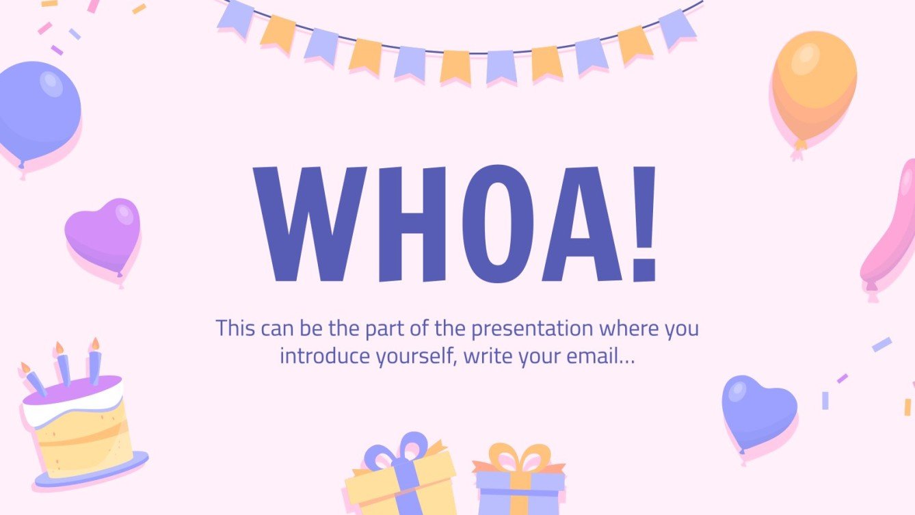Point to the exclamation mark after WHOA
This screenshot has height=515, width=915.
click(644, 224)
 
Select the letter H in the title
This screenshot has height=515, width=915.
click(408, 224)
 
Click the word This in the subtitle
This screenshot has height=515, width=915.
click(236, 328)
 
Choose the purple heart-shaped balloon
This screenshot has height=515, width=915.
click(103, 233)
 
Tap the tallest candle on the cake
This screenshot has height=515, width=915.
click(94, 362)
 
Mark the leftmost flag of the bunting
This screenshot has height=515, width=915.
click(235, 18)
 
